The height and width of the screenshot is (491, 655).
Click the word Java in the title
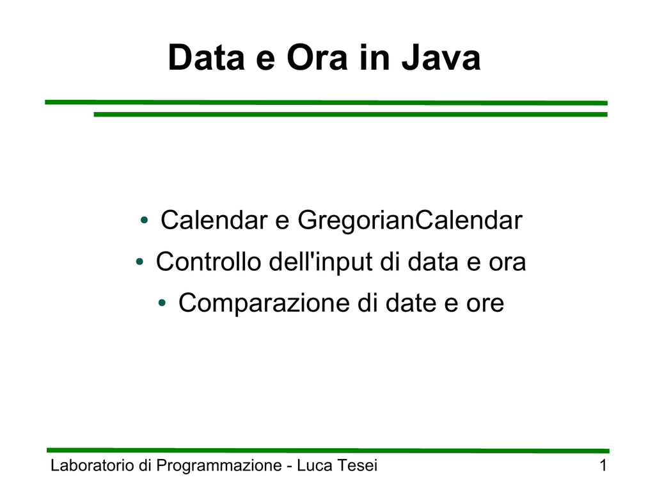click(441, 58)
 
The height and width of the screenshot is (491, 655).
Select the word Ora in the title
click(317, 58)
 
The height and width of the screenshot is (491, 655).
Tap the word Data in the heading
click(207, 58)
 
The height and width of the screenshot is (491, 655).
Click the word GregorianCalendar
click(410, 220)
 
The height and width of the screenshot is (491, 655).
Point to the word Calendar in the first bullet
click(214, 220)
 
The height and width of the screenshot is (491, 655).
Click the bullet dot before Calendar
click(145, 220)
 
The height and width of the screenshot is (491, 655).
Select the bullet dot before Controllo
click(140, 262)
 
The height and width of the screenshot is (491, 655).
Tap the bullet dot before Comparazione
click(162, 303)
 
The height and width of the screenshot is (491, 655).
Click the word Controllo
click(209, 262)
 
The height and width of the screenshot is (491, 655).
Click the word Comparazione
click(264, 303)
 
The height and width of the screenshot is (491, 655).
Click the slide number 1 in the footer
click(603, 465)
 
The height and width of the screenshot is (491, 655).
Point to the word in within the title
click(375, 58)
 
